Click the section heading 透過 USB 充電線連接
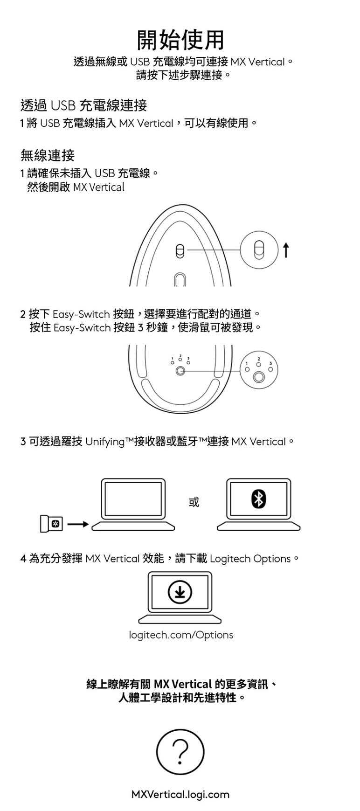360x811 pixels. pyautogui.click(x=83, y=105)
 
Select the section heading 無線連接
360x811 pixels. pyautogui.click(x=47, y=155)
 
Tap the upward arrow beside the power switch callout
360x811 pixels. pyautogui.click(x=286, y=250)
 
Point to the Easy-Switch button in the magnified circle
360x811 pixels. pyautogui.click(x=259, y=377)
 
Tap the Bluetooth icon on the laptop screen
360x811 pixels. pyautogui.click(x=258, y=499)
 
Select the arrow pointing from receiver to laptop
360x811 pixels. pyautogui.click(x=78, y=524)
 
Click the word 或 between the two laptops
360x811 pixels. pyautogui.click(x=194, y=502)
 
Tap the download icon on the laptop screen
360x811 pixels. pyautogui.click(x=180, y=592)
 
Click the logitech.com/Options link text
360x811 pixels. pyautogui.click(x=180, y=635)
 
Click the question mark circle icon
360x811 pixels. pyautogui.click(x=180, y=753)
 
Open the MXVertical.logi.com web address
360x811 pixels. pyautogui.click(x=180, y=794)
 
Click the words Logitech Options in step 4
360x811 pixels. pyautogui.click(x=250, y=558)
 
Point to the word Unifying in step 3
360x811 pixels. pyautogui.click(x=105, y=441)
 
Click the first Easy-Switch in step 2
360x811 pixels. pyautogui.click(x=81, y=314)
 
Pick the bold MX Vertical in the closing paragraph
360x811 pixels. pyautogui.click(x=182, y=684)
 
